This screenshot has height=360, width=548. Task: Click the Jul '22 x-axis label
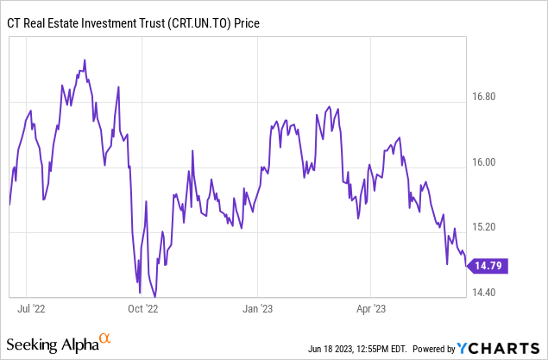point(31,306)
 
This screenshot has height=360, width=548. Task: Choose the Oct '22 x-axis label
point(142,306)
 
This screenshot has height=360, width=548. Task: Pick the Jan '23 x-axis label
point(258,306)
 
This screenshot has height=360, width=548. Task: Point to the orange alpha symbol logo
point(105,338)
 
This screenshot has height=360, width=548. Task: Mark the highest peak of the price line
point(85,60)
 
